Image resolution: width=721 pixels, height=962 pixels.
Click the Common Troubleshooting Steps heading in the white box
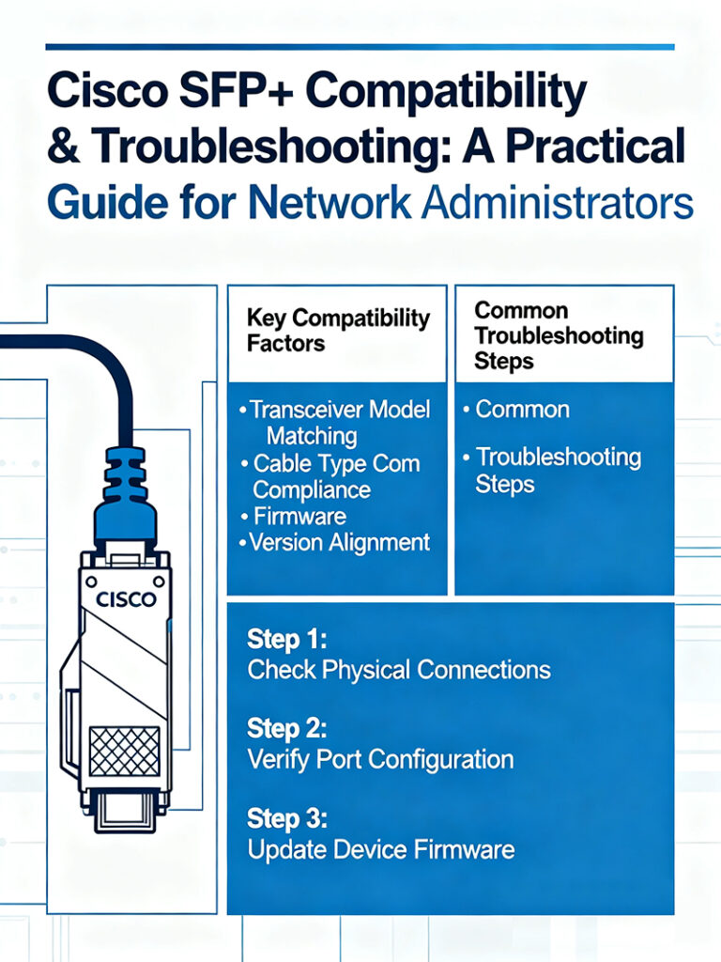[559, 335]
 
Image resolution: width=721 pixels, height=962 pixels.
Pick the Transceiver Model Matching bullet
[338, 423]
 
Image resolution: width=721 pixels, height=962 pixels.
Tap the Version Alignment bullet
[338, 542]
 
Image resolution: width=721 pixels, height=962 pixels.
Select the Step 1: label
[287, 640]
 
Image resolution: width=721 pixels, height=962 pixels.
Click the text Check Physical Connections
[398, 670]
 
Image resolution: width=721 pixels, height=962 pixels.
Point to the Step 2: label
[287, 729]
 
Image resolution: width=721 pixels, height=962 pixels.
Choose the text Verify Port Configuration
[380, 759]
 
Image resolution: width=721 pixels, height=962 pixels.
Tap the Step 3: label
[287, 818]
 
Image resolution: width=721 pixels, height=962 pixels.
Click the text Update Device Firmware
[380, 849]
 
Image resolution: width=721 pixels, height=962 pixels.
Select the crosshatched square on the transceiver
[124, 751]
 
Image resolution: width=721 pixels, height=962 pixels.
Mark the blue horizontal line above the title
[360, 46]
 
